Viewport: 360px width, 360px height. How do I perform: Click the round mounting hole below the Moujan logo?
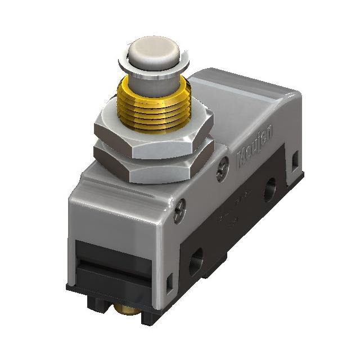coord(270,192)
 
